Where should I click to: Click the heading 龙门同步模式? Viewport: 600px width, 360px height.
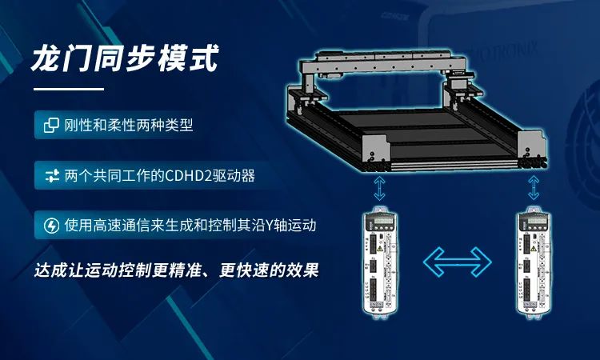[125, 58]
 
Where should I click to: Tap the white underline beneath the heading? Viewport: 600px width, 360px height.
[69, 89]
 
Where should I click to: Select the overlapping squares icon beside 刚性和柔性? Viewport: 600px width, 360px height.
[51, 125]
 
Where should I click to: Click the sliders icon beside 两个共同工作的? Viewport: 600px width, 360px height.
[52, 176]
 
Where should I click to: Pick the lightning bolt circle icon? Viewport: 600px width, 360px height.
[51, 226]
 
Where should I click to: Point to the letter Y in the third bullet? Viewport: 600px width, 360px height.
[270, 226]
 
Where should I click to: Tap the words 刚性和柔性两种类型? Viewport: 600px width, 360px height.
[129, 125]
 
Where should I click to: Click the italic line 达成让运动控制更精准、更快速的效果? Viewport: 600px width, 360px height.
[177, 270]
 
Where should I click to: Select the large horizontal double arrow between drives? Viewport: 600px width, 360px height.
[458, 262]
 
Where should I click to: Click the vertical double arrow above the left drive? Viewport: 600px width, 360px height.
[379, 188]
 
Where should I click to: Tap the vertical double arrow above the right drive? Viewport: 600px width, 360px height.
[534, 187]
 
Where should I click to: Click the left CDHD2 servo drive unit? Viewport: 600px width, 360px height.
[379, 262]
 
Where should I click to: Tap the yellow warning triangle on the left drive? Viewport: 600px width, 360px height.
[379, 249]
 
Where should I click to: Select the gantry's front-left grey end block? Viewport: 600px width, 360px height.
[374, 150]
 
